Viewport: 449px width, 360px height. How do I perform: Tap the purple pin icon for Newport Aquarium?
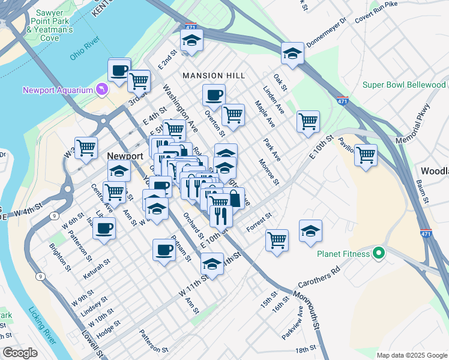(x=101, y=90)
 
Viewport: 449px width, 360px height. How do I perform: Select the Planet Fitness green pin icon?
(x=379, y=253)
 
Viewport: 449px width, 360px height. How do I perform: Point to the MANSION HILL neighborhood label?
(x=214, y=76)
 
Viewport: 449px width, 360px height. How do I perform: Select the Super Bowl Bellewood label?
(x=404, y=85)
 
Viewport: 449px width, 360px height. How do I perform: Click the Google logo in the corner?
(x=20, y=353)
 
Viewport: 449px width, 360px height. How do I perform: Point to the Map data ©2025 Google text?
(x=411, y=355)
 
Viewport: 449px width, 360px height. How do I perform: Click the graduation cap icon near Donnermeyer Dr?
(x=292, y=53)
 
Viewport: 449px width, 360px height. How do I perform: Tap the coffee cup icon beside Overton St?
(x=214, y=95)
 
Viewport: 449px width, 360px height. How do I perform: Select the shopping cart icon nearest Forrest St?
(x=277, y=239)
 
